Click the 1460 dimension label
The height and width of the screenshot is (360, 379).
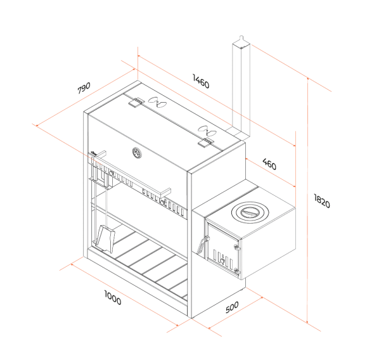(201, 81)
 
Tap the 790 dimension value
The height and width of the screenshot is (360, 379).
(84, 87)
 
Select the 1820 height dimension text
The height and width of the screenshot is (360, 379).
(322, 201)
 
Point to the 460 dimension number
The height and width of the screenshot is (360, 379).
(269, 164)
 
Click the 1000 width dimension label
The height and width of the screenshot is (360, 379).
(113, 298)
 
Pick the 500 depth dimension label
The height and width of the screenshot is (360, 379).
(232, 307)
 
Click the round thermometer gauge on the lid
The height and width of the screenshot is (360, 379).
(137, 153)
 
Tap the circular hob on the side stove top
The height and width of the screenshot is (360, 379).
(250, 212)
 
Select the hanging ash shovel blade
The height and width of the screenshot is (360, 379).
(105, 239)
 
